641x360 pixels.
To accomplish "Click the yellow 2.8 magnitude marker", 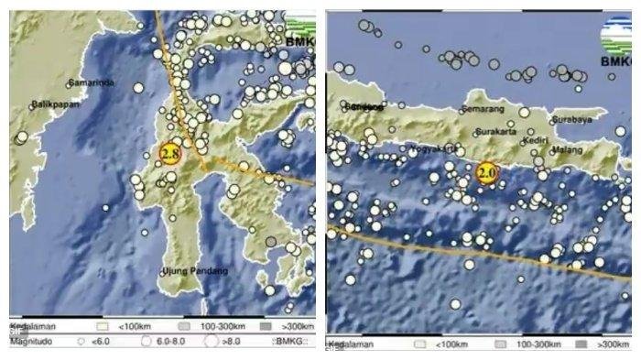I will point(169,154).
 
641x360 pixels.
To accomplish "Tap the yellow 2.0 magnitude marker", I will point(487,171).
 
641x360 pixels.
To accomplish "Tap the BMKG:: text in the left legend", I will point(291,342).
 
